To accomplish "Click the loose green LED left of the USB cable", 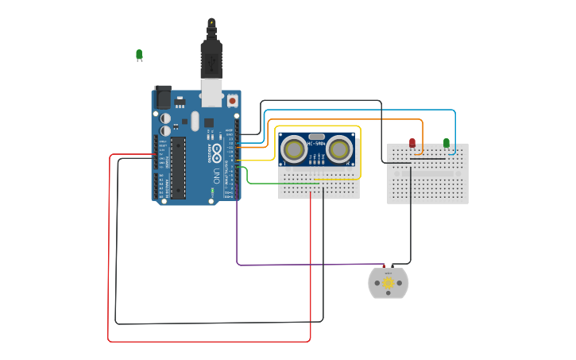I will tap(139, 54).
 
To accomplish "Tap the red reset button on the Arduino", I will tap(232, 100).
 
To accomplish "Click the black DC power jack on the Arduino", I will tap(163, 97).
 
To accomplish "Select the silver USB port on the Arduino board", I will tap(211, 92).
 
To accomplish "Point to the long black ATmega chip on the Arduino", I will tap(178, 168).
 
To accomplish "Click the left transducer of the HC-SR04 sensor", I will tap(295, 149).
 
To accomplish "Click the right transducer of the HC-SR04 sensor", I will tap(339, 149).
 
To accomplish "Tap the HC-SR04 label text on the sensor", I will tap(317, 144).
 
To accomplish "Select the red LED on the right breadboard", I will tap(412, 143).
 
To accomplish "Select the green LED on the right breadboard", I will tap(446, 143).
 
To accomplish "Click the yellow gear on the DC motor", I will tap(388, 283).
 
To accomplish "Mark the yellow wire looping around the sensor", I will tap(361, 151).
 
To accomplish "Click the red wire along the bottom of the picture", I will tap(207, 342).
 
